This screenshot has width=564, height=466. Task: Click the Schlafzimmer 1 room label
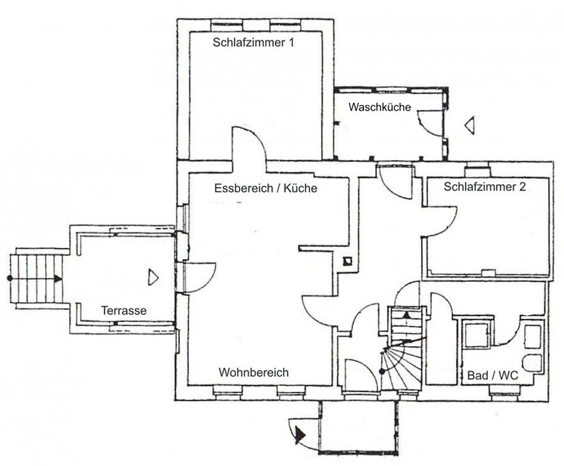pyautogui.click(x=253, y=43)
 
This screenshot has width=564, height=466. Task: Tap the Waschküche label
pyautogui.click(x=379, y=107)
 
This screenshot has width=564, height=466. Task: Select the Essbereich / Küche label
pyautogui.click(x=266, y=188)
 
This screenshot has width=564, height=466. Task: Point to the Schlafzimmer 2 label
pyautogui.click(x=485, y=186)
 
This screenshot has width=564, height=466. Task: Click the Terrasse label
pyautogui.click(x=124, y=310)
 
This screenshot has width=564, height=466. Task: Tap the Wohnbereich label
pyautogui.click(x=253, y=372)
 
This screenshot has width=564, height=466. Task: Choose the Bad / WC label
pyautogui.click(x=492, y=375)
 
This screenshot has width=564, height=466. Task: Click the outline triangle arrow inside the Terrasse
pyautogui.click(x=153, y=277)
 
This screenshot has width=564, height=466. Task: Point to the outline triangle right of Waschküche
pyautogui.click(x=469, y=125)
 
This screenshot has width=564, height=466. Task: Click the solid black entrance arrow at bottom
pyautogui.click(x=299, y=435)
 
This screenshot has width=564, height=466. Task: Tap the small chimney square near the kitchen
pyautogui.click(x=347, y=261)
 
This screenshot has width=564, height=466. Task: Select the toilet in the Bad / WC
pyautogui.click(x=533, y=363)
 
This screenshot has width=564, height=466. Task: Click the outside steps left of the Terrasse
pyautogui.click(x=36, y=278)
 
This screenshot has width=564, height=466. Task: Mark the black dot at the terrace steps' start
pyautogui.click(x=10, y=278)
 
